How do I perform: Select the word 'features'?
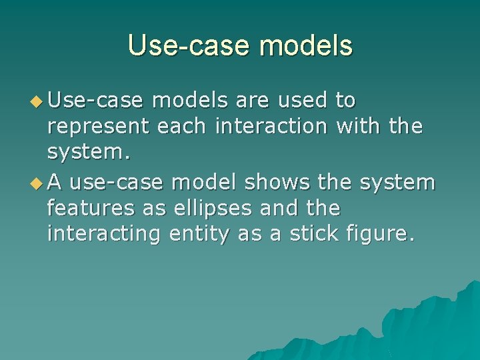92,209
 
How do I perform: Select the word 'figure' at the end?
378,235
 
